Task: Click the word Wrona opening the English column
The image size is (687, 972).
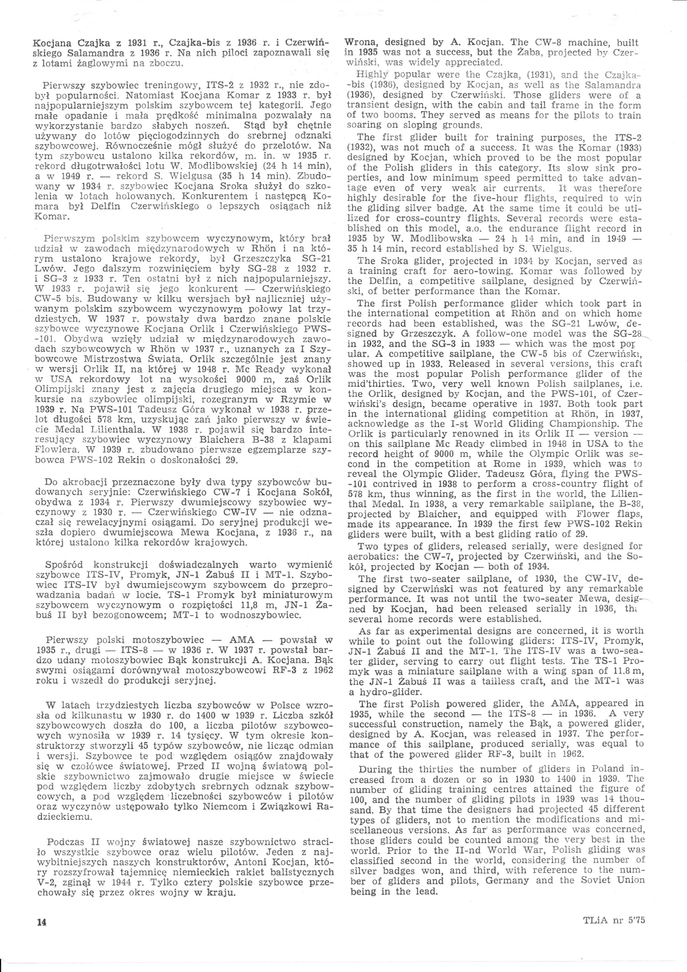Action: coord(361,42)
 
